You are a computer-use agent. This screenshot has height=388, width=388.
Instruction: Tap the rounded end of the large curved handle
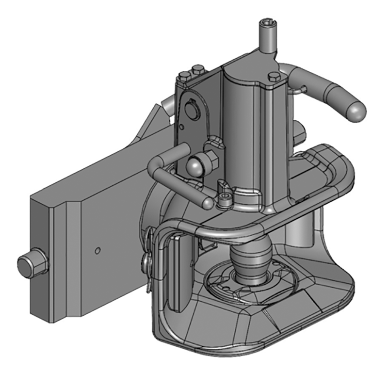point(356,111)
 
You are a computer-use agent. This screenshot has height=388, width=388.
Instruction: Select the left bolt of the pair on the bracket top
point(184,76)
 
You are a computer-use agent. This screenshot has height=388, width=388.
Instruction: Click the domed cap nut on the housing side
point(195,166)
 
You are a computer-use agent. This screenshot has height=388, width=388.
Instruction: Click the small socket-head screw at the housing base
point(224,199)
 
